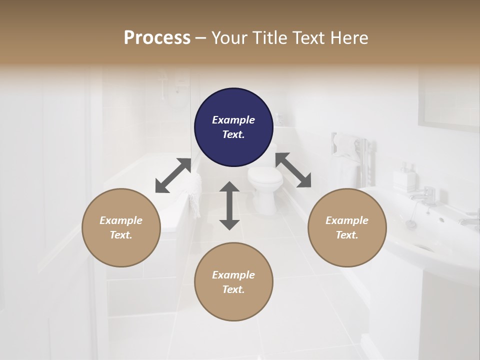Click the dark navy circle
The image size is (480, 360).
point(233,127)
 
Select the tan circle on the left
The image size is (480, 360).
point(121,227)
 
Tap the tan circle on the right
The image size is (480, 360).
point(347,227)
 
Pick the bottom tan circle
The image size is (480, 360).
point(233,282)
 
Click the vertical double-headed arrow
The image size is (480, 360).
point(229,205)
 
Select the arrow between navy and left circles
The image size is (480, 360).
point(173,175)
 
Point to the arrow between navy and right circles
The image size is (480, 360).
point(293,170)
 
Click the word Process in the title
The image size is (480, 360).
point(157,38)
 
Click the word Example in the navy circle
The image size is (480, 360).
point(233,120)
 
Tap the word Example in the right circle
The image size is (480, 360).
point(347,220)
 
